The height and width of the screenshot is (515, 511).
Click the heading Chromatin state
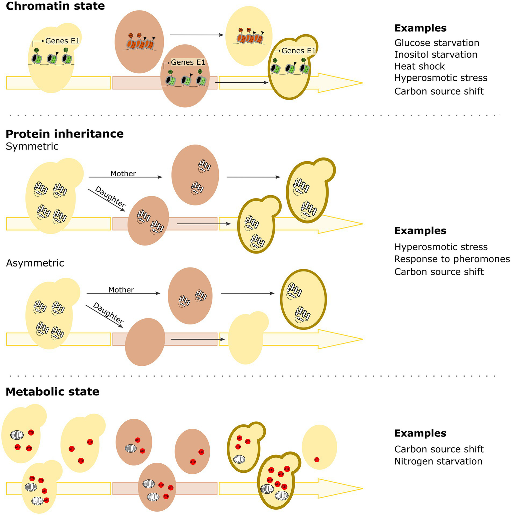click(55, 6)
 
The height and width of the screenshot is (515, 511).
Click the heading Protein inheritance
click(65, 134)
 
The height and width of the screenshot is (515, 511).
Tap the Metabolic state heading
click(53, 392)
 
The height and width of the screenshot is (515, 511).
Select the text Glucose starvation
click(437, 43)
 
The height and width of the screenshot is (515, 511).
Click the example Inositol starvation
click(436, 55)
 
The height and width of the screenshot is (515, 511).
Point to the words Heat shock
click(419, 66)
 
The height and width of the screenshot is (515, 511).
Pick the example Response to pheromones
click(452, 259)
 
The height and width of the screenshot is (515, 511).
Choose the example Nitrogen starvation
click(438, 461)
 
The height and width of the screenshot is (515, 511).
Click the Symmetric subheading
click(32, 147)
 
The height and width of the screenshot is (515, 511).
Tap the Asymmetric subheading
click(35, 263)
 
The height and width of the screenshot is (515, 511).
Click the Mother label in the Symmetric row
click(123, 174)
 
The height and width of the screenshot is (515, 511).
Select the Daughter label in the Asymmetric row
click(108, 313)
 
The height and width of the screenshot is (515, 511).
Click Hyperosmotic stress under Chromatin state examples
click(441, 78)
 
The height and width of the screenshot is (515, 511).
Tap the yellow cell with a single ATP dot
click(319, 447)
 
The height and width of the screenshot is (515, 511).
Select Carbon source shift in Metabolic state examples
click(439, 449)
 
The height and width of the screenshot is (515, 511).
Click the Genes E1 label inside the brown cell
click(188, 63)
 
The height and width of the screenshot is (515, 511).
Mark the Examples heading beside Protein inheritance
click(420, 231)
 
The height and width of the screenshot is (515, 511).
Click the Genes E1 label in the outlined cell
click(298, 51)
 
